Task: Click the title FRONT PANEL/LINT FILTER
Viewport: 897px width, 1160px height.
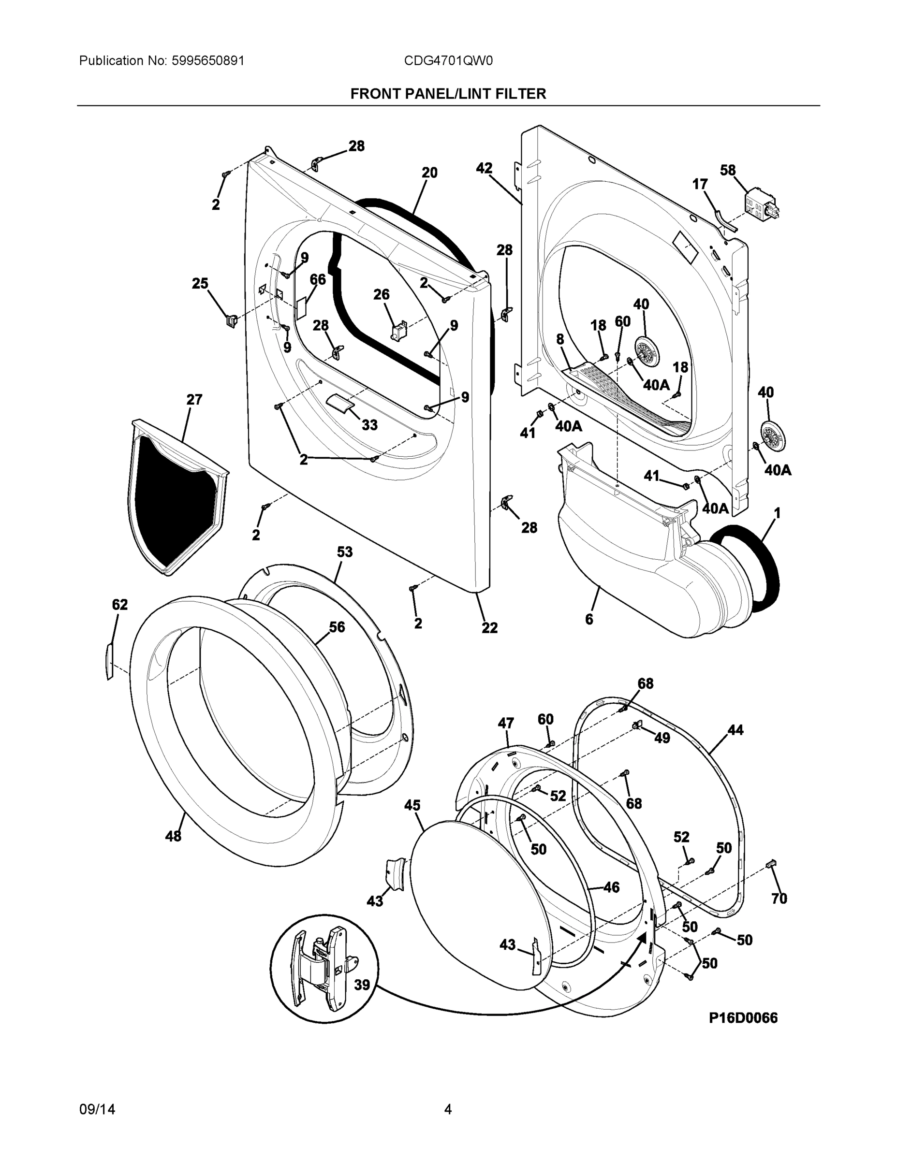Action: click(x=448, y=94)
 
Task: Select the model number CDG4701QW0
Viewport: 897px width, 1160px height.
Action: click(x=448, y=61)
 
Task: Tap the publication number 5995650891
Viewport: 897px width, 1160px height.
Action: click(x=208, y=61)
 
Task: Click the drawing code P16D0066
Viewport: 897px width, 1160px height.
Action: click(x=743, y=1017)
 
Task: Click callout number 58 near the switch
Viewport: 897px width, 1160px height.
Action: click(x=727, y=171)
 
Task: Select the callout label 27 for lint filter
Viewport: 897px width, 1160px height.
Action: click(x=194, y=399)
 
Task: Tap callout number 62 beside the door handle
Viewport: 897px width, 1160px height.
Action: click(x=119, y=605)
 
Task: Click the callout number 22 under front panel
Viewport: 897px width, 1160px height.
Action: click(x=489, y=628)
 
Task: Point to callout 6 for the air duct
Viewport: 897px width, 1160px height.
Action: click(x=589, y=619)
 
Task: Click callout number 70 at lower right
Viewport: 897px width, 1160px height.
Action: click(x=779, y=899)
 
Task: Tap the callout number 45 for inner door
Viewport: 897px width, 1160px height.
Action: click(x=412, y=806)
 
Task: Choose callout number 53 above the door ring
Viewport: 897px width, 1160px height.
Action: click(x=344, y=552)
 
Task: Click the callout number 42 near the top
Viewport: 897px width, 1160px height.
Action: click(x=484, y=168)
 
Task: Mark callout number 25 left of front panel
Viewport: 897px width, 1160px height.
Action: click(x=200, y=284)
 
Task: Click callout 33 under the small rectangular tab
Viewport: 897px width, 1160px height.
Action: click(x=369, y=425)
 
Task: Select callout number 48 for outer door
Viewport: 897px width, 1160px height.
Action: click(x=173, y=836)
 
